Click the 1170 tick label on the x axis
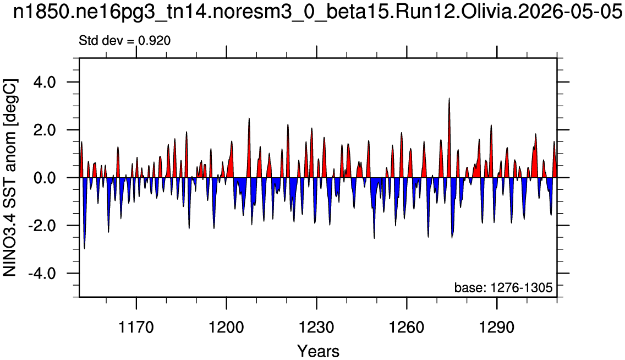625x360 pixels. pos(136,328)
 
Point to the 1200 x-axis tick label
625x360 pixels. pos(227,328)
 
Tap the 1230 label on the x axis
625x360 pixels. pos(316,328)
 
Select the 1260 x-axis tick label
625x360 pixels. pos(407,328)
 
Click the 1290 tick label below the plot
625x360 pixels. pos(497,328)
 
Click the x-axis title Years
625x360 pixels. pos(319,351)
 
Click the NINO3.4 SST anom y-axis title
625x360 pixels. pos(10,178)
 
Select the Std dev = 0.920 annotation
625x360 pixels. pos(125,40)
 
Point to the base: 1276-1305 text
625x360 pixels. pos(503,287)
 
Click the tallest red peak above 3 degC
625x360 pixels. pos(449,99)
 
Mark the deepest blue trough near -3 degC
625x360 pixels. pos(85,248)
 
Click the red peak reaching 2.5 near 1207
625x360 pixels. pos(249,118)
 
